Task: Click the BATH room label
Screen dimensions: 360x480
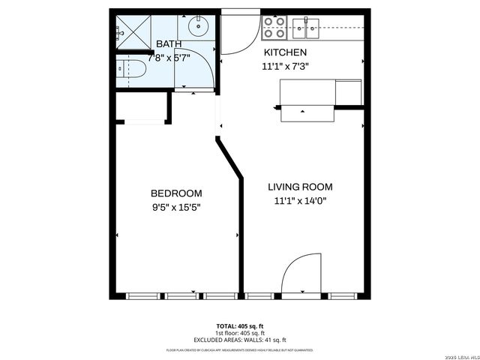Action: coord(169,44)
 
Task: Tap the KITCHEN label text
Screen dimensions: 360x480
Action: coord(284,52)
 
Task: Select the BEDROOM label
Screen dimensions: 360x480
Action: coord(175,192)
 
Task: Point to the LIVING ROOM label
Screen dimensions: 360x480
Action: coord(300,187)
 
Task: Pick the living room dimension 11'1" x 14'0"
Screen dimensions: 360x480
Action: coord(300,200)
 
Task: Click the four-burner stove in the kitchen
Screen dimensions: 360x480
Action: coord(274,28)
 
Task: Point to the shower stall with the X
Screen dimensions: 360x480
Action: coord(132,33)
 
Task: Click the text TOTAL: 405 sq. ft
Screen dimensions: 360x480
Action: coord(241,326)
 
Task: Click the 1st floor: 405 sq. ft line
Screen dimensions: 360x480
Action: coord(241,333)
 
